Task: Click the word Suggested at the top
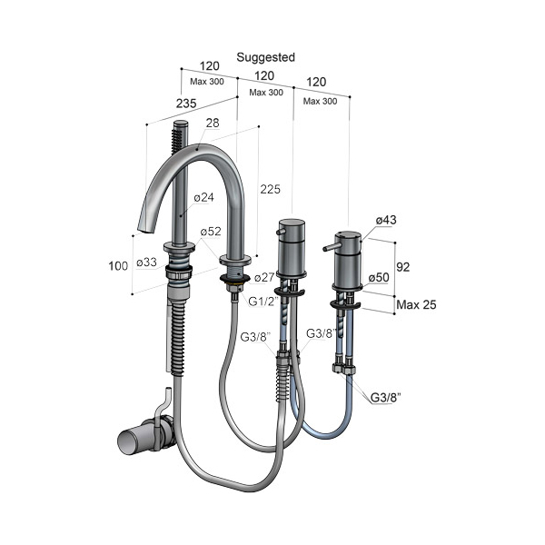pyautogui.click(x=265, y=58)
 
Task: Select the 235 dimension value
pyautogui.click(x=186, y=104)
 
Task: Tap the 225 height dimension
pyautogui.click(x=270, y=189)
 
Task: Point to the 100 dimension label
pyautogui.click(x=118, y=266)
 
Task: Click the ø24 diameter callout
pyautogui.click(x=203, y=197)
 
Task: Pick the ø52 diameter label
pyautogui.click(x=211, y=231)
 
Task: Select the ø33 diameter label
pyautogui.click(x=146, y=263)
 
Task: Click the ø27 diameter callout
pyautogui.click(x=264, y=277)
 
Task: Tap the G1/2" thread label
pyautogui.click(x=263, y=302)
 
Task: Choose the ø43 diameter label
pyautogui.click(x=386, y=220)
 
